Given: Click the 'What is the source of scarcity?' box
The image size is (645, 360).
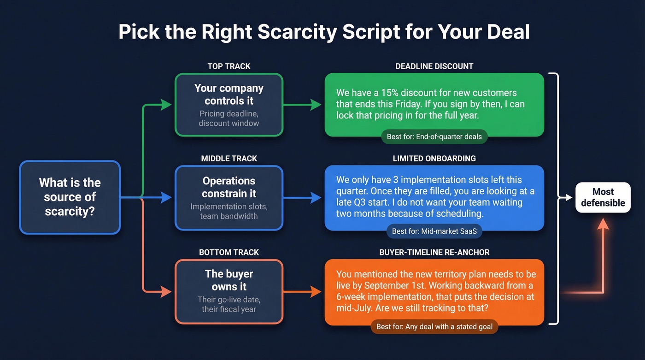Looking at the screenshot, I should pyautogui.click(x=70, y=197).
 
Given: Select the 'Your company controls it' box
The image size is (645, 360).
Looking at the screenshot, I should pyautogui.click(x=229, y=105).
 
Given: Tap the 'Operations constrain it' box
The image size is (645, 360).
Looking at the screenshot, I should pyautogui.click(x=229, y=198).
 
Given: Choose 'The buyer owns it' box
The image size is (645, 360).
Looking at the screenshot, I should pyautogui.click(x=229, y=291).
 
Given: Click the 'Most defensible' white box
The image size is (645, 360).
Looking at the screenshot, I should pyautogui.click(x=603, y=197).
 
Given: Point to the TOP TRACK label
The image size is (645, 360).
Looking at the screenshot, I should pyautogui.click(x=229, y=66).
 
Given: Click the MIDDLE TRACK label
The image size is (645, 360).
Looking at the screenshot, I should pyautogui.click(x=229, y=159).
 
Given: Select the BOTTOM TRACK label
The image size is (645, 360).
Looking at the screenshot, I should pyautogui.click(x=229, y=252).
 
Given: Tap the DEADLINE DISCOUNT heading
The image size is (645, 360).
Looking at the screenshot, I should pyautogui.click(x=434, y=66).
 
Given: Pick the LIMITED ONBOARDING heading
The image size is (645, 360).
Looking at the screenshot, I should pyautogui.click(x=434, y=159).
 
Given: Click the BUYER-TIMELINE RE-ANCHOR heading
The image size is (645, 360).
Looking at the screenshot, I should pyautogui.click(x=434, y=252).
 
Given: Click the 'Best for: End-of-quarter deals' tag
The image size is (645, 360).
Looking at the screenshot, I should pyautogui.click(x=434, y=136).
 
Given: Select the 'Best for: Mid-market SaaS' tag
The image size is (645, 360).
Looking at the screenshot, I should pyautogui.click(x=434, y=231).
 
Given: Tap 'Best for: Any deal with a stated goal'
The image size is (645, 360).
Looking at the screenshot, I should pyautogui.click(x=434, y=327).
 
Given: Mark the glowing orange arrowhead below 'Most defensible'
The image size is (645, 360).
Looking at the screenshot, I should pyautogui.click(x=603, y=224).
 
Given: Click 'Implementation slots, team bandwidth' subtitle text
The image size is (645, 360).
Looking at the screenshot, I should pyautogui.click(x=229, y=211).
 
